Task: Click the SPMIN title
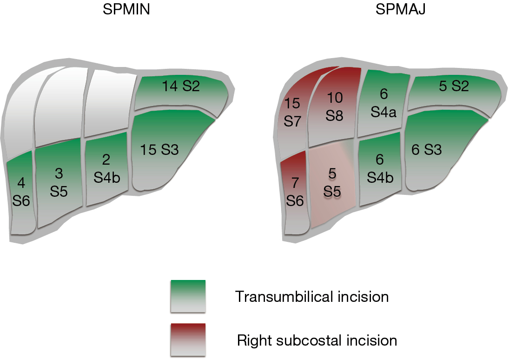pyautogui.click(x=126, y=9)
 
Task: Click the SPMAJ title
pyautogui.click(x=400, y=9)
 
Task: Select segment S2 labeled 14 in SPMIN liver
pyautogui.click(x=180, y=92)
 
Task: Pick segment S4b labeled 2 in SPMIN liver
pyautogui.click(x=106, y=169)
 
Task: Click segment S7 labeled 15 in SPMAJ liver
pyautogui.click(x=292, y=112)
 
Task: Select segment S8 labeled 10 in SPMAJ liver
pyautogui.click(x=334, y=107)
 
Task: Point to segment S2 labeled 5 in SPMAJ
pyautogui.click(x=454, y=92)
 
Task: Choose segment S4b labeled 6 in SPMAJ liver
pyautogui.click(x=379, y=169)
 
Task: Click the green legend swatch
pyautogui.click(x=188, y=296)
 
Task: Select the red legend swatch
pyautogui.click(x=188, y=340)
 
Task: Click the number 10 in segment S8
pyautogui.click(x=335, y=98)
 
